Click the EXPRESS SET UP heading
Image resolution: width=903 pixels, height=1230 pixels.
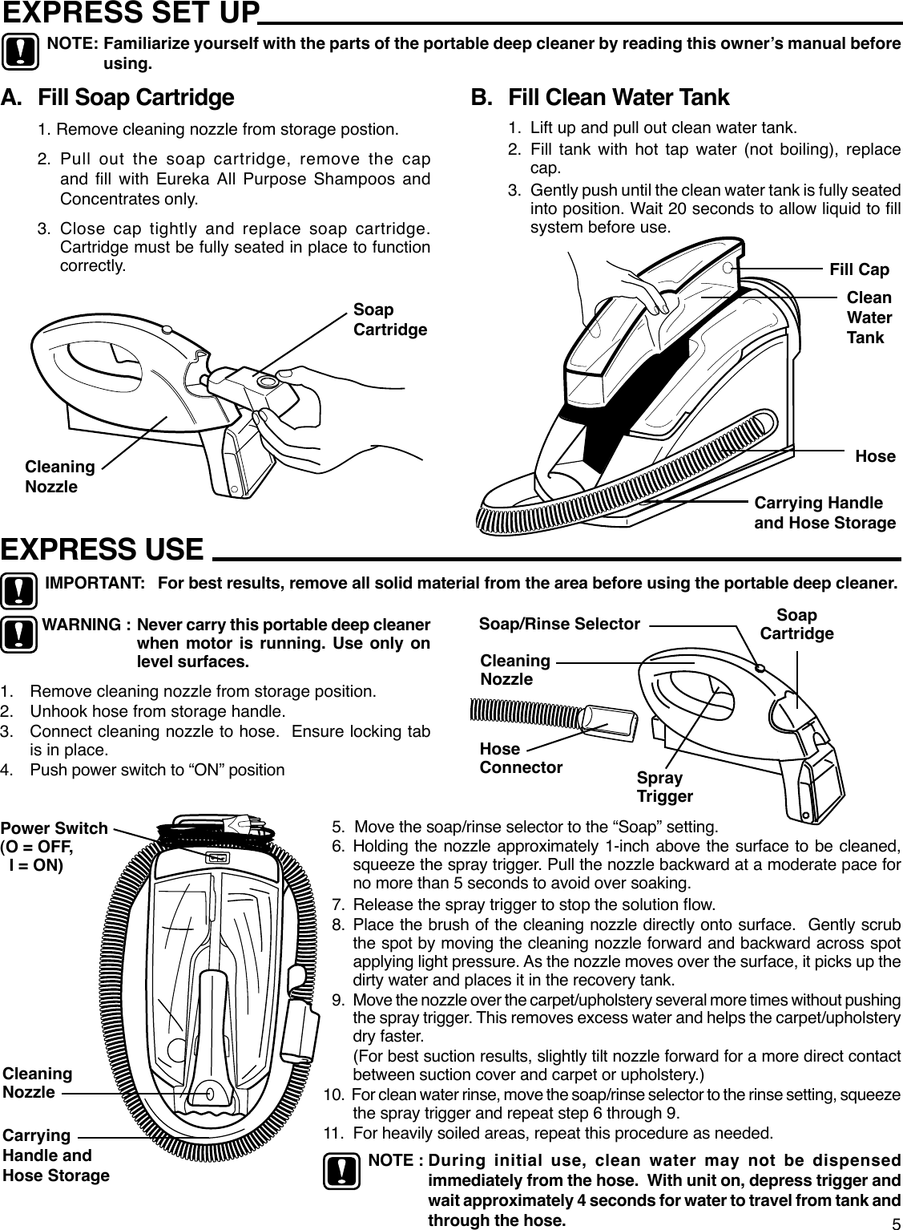point(131,14)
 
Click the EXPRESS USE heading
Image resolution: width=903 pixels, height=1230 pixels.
point(103,549)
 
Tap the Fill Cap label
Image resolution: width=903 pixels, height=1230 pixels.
point(859,269)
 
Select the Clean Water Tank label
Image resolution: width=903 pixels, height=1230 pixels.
point(869,317)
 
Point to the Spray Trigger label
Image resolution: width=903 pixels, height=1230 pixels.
point(664,787)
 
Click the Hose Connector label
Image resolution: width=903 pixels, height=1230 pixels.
point(521,758)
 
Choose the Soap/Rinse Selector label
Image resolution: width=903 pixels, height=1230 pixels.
point(558,624)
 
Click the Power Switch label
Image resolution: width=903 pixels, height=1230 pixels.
point(54,837)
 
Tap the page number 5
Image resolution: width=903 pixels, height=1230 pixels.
point(896,1221)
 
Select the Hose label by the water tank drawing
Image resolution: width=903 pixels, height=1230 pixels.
point(875,456)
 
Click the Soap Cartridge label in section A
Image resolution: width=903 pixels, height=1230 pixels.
point(389,320)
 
